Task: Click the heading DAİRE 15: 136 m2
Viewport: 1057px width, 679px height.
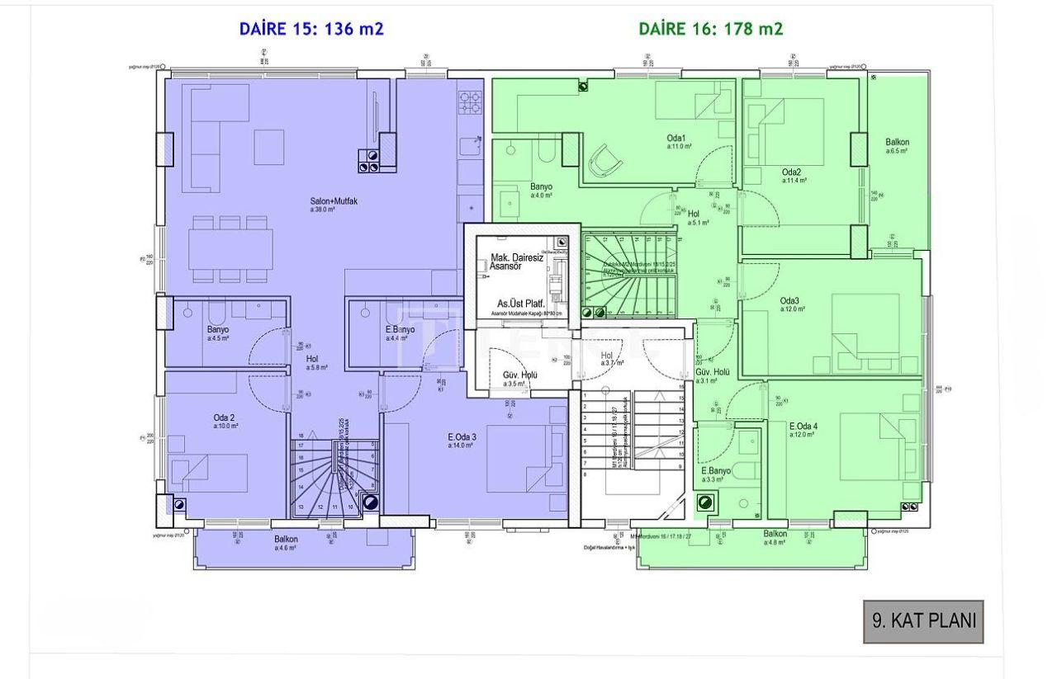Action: click(x=311, y=29)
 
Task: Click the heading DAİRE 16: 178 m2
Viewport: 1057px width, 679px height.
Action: click(x=711, y=29)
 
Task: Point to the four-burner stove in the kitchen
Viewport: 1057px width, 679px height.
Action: click(x=471, y=101)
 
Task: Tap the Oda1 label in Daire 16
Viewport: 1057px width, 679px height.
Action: click(x=678, y=142)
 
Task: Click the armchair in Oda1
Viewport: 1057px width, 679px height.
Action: click(x=606, y=159)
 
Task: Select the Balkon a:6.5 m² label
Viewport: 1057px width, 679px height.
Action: click(x=897, y=147)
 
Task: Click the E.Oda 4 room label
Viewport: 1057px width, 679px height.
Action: click(x=803, y=430)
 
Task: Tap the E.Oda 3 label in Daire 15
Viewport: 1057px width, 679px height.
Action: click(x=461, y=441)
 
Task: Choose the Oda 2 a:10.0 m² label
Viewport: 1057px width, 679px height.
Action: click(x=225, y=422)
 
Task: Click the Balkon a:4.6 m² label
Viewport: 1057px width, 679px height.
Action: click(x=287, y=541)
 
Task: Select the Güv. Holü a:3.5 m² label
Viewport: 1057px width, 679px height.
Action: click(x=520, y=379)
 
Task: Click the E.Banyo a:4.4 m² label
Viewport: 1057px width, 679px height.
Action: click(x=399, y=333)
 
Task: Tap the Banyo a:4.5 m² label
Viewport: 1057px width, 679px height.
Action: click(x=218, y=333)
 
